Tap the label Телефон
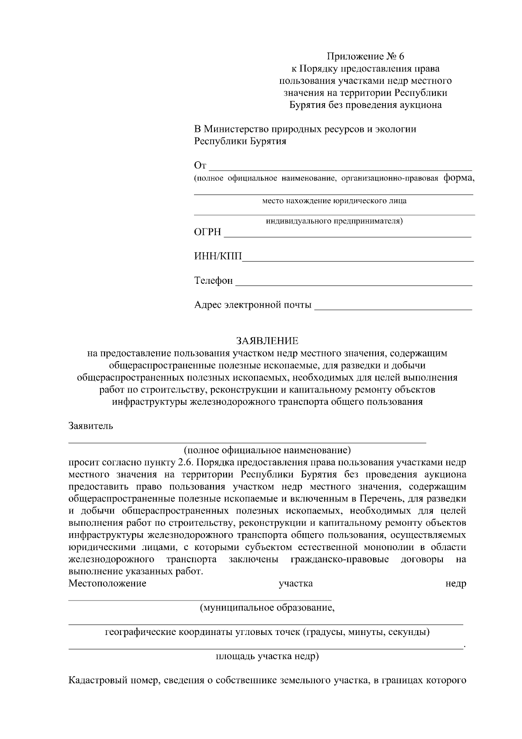pos(213,281)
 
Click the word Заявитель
pos(91,426)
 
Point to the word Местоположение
pos(107,583)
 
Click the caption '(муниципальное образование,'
pos(267,608)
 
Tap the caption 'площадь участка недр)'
pos(267,656)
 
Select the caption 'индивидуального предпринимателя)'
pos(334,221)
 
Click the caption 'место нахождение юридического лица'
pos(334,201)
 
